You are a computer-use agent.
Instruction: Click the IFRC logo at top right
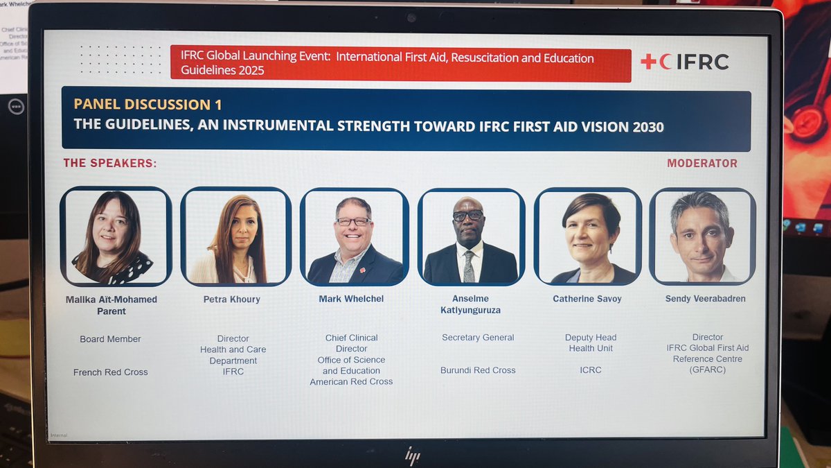point(684,62)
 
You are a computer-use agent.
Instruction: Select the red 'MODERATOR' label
point(702,164)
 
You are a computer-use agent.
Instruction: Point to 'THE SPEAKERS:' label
point(110,164)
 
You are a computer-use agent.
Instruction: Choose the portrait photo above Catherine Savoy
point(589,236)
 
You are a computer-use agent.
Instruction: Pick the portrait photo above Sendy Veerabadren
point(702,236)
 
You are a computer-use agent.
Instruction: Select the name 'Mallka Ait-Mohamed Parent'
point(111,306)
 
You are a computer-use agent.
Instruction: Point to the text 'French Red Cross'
point(111,372)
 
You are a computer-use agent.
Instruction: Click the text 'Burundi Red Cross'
point(478,370)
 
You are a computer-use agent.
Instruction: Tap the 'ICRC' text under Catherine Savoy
point(591,370)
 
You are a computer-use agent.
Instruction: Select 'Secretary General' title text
point(478,338)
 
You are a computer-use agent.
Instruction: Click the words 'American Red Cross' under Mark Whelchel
point(351,382)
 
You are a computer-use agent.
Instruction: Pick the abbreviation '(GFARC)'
point(708,370)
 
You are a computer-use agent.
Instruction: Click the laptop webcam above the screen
point(412,17)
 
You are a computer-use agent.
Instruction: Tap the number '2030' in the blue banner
point(644,127)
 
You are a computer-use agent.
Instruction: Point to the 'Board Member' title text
point(110,339)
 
